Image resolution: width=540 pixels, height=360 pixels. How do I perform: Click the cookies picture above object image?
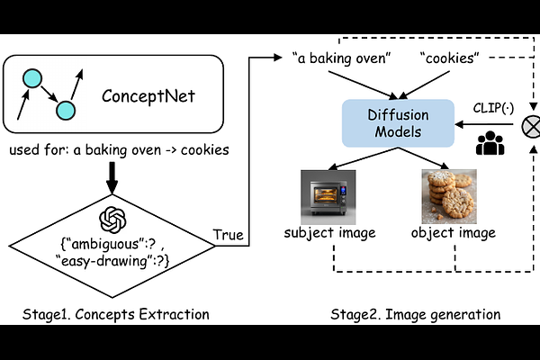click(x=447, y=194)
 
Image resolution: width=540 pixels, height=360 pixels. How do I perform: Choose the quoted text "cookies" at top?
click(x=450, y=58)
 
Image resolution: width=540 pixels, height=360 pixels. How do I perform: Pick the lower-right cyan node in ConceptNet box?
click(x=65, y=110)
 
